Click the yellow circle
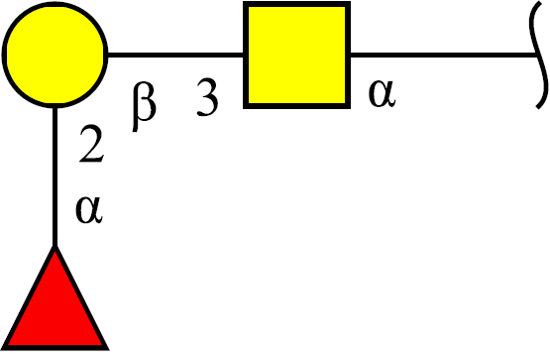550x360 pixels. [x=55, y=55]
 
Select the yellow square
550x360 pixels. [x=296, y=55]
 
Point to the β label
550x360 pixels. [x=144, y=107]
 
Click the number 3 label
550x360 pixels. [x=207, y=97]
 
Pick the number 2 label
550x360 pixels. [x=91, y=144]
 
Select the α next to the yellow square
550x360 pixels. [x=382, y=93]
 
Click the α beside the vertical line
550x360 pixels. [x=89, y=210]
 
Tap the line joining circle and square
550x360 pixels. [x=175, y=55]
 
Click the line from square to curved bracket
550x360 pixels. [x=444, y=55]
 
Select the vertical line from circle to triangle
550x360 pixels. [x=55, y=178]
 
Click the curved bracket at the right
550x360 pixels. [x=539, y=55]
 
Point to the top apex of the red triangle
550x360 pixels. [x=55, y=246]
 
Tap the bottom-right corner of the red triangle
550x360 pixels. [x=108, y=349]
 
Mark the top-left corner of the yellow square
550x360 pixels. [x=244, y=2]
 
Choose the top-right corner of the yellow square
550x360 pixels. [x=350, y=2]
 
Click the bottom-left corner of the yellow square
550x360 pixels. [x=244, y=108]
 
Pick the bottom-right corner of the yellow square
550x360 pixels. [x=350, y=108]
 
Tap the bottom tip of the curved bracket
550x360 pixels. [x=537, y=108]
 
